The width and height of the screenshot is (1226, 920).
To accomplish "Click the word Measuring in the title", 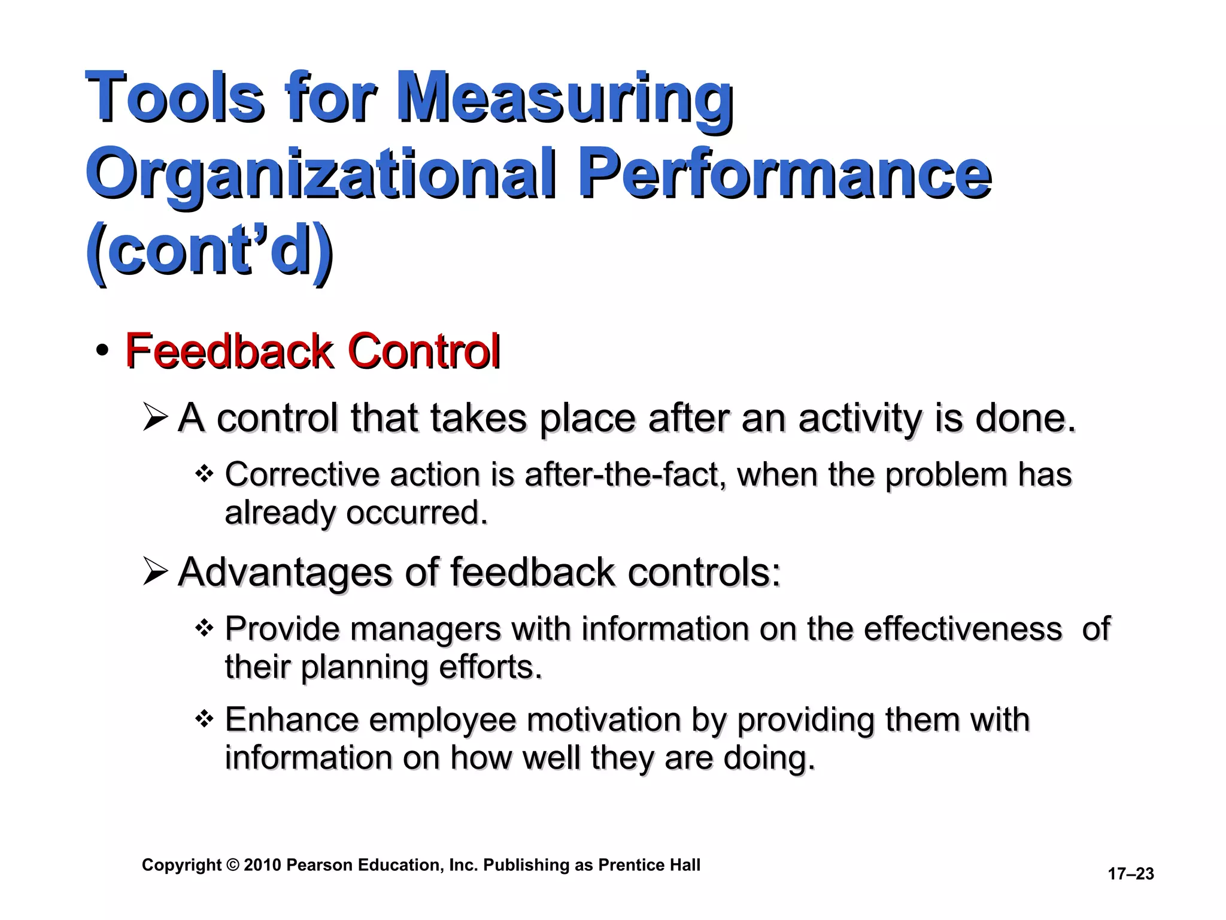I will (x=564, y=98).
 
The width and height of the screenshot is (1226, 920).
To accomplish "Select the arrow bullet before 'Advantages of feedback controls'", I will (x=155, y=572).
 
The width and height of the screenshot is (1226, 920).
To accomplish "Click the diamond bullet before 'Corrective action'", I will (x=204, y=475).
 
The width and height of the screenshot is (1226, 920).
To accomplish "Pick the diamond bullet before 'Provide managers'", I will (x=204, y=629).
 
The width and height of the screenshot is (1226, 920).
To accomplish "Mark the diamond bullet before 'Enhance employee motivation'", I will (x=204, y=719).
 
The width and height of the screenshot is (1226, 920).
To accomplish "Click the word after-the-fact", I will (x=625, y=475).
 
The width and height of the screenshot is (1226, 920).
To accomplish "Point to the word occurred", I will (x=417, y=513).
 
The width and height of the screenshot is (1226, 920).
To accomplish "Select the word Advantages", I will (x=285, y=572).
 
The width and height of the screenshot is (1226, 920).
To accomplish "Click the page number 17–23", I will (x=1131, y=874).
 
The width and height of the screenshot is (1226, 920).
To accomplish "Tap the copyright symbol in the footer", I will (x=233, y=865).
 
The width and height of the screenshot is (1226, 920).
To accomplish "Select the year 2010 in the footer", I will (x=262, y=865).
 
